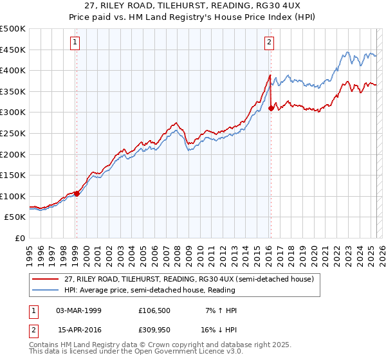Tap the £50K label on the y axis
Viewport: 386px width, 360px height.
[x=15, y=217]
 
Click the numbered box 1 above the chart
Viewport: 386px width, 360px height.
[x=76, y=43]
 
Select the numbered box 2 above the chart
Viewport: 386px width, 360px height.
[x=269, y=43]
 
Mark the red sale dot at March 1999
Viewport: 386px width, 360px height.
[x=77, y=193]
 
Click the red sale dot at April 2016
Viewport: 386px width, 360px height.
[x=271, y=109]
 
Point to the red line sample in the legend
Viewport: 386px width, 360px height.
[x=45, y=280]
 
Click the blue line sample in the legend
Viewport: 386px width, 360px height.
[x=45, y=290]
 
